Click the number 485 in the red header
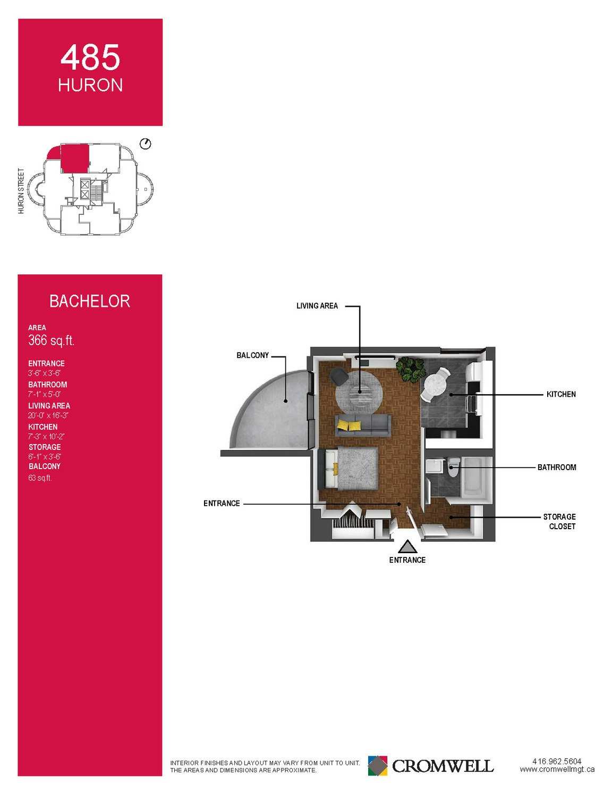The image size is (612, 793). click(x=90, y=57)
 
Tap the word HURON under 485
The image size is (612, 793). click(x=90, y=85)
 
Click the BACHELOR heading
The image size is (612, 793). click(x=90, y=302)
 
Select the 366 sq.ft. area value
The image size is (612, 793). click(x=51, y=340)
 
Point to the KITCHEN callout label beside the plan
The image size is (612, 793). click(x=561, y=394)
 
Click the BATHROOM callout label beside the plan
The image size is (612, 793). click(x=557, y=467)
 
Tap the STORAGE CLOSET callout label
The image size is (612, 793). click(x=559, y=522)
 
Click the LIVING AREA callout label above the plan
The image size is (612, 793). click(x=317, y=306)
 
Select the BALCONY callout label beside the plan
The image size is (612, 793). click(x=252, y=355)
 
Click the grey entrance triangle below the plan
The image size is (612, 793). click(x=407, y=547)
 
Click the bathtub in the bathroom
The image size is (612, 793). click(x=477, y=477)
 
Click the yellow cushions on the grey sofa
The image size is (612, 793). click(x=349, y=425)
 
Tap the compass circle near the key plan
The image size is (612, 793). click(x=146, y=144)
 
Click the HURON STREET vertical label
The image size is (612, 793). click(x=21, y=191)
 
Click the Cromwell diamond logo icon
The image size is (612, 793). click(x=377, y=765)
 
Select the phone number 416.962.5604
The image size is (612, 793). click(x=557, y=761)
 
